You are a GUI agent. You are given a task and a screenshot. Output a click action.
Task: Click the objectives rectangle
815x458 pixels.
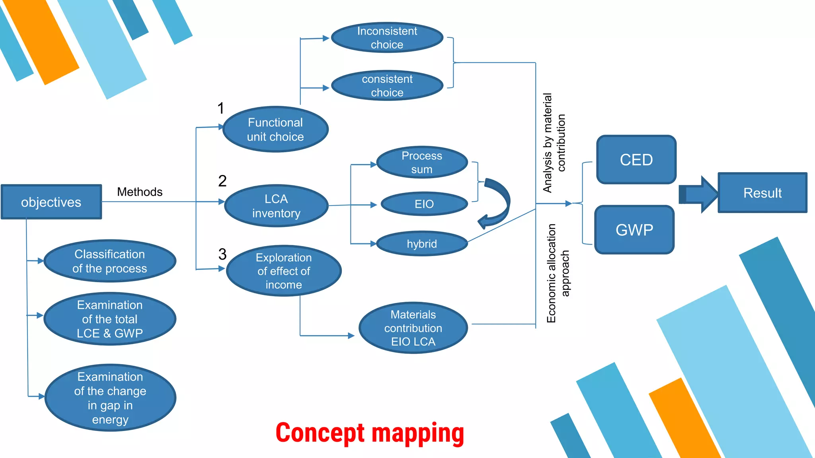point(51,202)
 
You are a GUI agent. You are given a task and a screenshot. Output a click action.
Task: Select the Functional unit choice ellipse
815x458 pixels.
point(275,129)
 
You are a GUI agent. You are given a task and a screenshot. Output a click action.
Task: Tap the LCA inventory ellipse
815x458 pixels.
point(276,206)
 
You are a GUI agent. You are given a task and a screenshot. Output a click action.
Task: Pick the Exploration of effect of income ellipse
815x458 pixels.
point(284,271)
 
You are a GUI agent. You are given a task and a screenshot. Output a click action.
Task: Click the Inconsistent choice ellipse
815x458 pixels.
point(387,37)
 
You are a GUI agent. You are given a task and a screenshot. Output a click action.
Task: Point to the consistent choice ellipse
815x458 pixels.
point(387,85)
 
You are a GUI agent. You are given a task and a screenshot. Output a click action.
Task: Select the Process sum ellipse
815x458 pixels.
point(422,162)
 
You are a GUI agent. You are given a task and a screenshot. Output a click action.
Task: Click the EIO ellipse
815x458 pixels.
point(424,204)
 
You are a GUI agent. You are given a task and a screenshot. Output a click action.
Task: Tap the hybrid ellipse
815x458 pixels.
point(422,244)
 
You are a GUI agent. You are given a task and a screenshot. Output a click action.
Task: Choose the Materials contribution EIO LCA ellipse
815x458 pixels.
point(413,328)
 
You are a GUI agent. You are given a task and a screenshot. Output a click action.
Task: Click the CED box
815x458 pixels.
point(636,160)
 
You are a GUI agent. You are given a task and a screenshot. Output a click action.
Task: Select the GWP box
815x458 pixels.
point(634,230)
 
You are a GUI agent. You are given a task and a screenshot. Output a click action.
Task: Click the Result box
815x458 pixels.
point(762,193)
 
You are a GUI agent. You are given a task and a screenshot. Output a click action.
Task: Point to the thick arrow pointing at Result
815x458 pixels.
point(699,194)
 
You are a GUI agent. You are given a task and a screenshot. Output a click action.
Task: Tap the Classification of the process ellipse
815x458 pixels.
point(109,261)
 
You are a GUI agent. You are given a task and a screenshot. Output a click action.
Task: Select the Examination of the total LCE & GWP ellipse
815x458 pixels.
point(109,319)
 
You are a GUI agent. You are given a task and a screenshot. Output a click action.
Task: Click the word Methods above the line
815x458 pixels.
point(140,192)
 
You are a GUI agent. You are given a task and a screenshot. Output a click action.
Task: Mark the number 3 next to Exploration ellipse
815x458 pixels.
point(222,254)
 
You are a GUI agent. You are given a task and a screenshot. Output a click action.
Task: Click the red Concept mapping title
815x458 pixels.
point(370,433)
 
